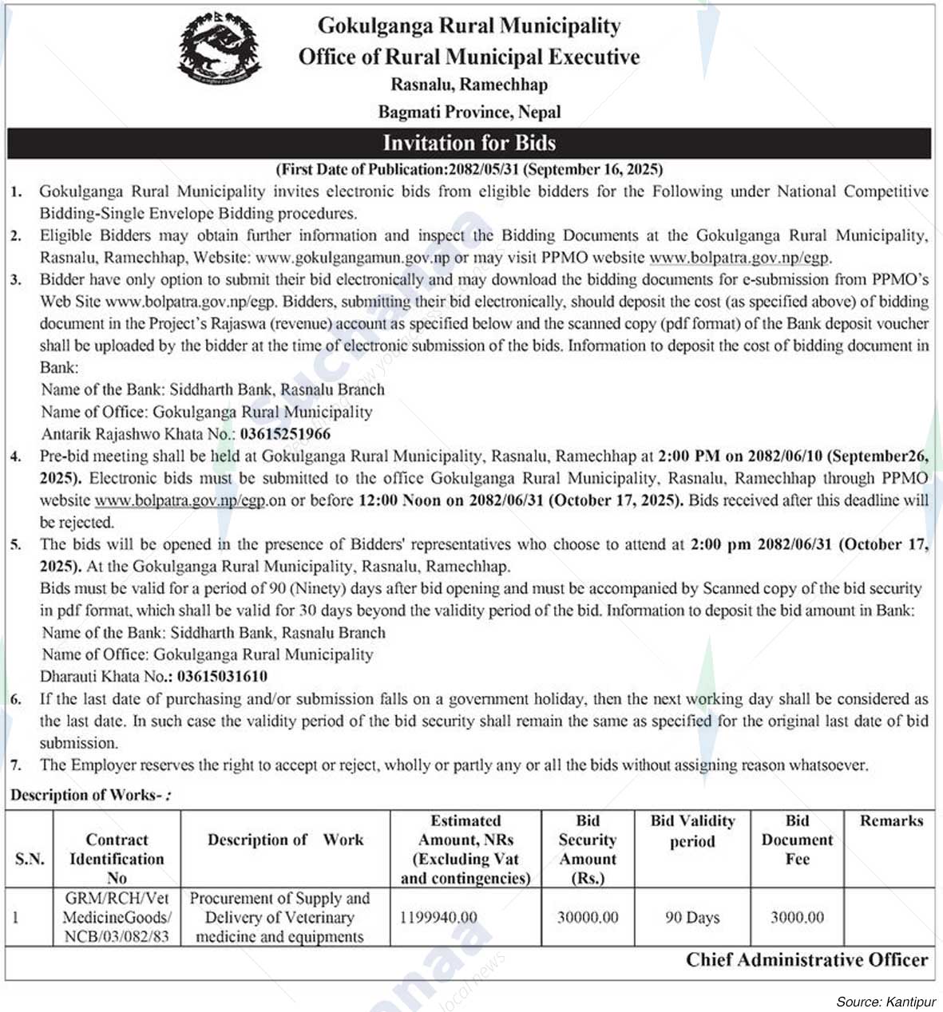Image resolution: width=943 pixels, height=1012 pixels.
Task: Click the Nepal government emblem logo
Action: (x=220, y=49)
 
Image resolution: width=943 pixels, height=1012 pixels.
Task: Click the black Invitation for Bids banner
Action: (x=470, y=143)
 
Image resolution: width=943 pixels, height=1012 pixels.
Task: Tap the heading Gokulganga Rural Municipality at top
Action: (x=470, y=26)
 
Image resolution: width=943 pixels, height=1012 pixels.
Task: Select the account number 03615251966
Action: (x=285, y=434)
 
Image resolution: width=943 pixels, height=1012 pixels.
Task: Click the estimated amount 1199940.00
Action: (x=438, y=918)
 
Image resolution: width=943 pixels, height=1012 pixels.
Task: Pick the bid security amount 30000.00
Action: (x=588, y=918)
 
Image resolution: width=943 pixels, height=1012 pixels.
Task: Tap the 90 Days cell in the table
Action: (x=692, y=918)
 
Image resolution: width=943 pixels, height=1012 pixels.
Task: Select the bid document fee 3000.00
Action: (x=797, y=918)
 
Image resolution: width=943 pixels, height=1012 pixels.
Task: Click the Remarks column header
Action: (x=891, y=820)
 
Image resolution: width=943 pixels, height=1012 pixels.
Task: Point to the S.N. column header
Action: (x=30, y=859)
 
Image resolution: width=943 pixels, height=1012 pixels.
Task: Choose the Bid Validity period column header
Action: (x=692, y=831)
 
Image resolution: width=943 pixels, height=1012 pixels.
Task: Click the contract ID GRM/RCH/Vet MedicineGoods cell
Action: (x=117, y=918)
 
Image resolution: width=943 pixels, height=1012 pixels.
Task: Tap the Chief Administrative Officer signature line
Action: (x=806, y=960)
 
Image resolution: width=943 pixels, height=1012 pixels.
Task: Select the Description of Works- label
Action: (x=89, y=795)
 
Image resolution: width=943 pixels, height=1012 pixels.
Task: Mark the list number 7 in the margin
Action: (x=16, y=765)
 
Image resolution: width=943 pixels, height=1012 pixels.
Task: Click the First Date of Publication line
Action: (x=470, y=169)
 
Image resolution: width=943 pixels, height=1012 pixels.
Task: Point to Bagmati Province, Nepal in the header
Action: (x=470, y=112)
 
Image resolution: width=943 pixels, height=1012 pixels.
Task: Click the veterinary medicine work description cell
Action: (x=279, y=918)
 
